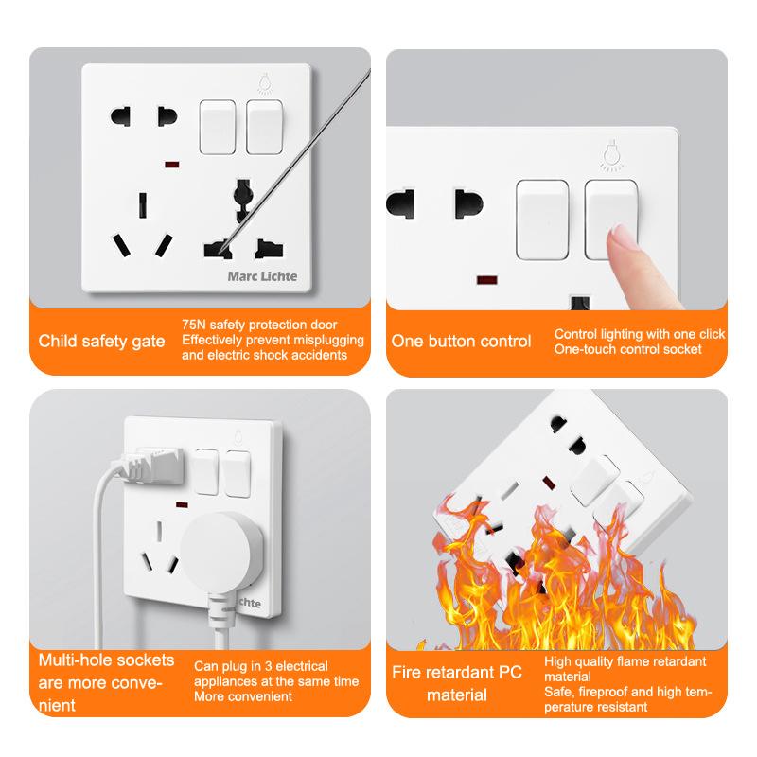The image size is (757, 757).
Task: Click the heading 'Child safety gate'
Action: pos(95,341)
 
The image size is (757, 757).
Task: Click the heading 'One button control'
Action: pos(462,341)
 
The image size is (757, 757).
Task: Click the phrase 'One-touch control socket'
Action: pos(628,349)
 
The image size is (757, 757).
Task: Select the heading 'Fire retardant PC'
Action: pos(457,674)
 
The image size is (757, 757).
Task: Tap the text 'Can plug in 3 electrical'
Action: pos(261,666)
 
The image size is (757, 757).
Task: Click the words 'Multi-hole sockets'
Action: pos(106,660)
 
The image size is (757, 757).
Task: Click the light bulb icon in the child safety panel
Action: pos(261,85)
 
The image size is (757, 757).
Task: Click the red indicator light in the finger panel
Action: pos(488,280)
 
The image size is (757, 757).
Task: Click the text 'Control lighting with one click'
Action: pos(640,334)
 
